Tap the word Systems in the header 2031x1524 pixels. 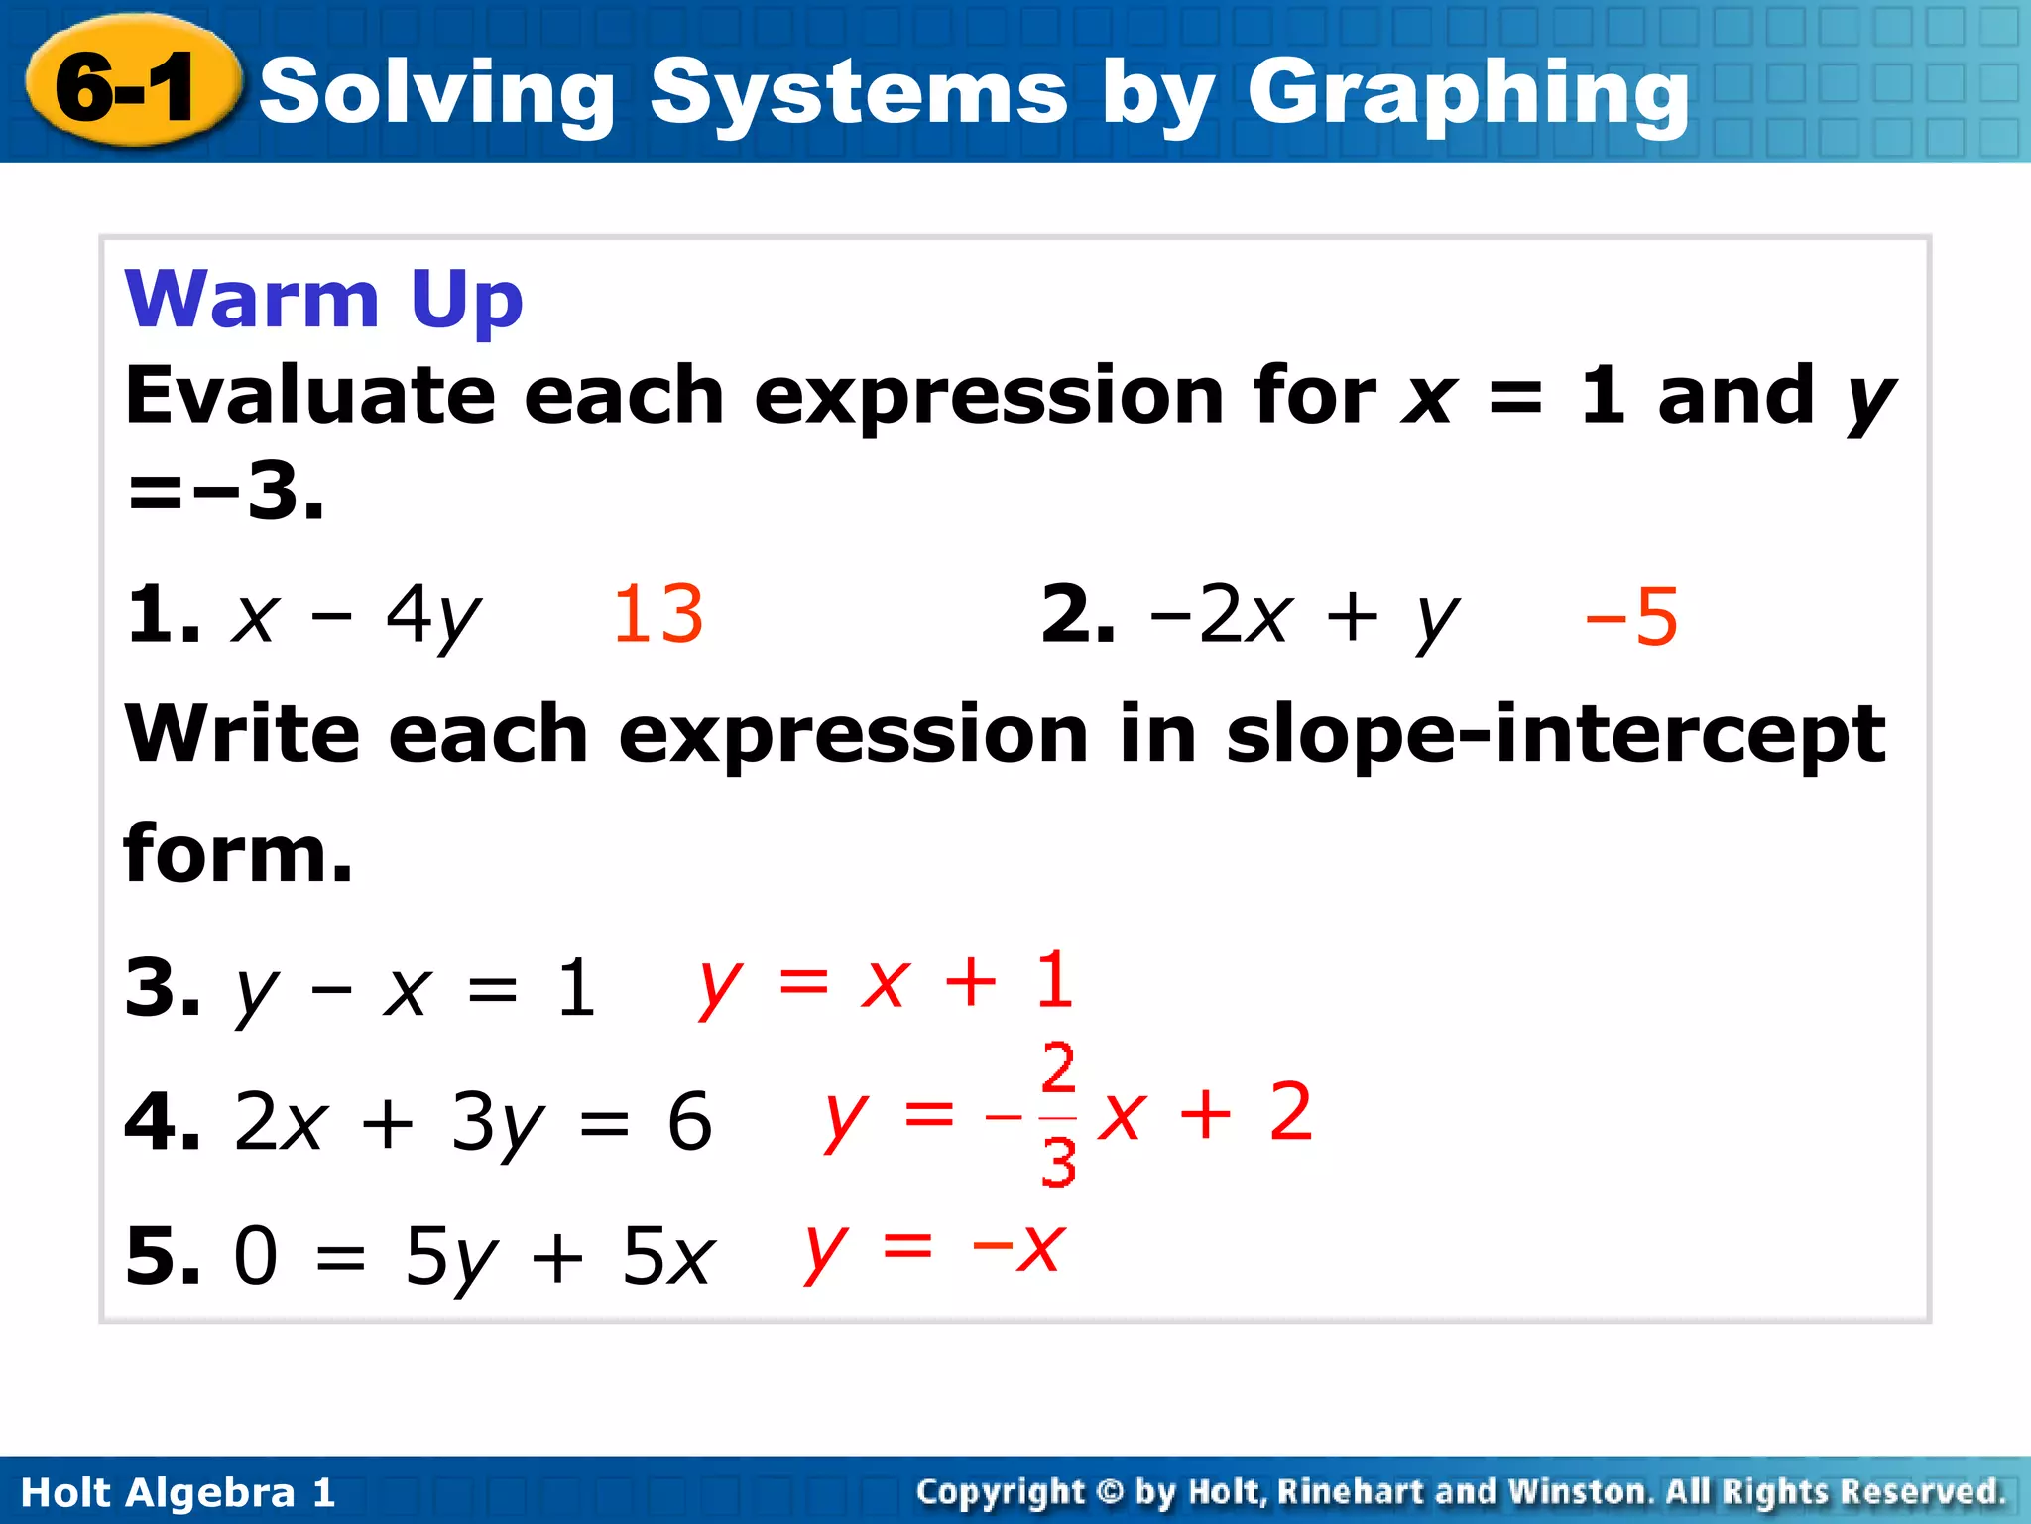point(859,94)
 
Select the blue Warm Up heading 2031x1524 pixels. point(323,299)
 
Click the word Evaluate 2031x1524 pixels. point(308,395)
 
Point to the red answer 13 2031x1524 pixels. point(657,614)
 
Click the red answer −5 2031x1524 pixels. point(1630,617)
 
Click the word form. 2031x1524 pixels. point(237,853)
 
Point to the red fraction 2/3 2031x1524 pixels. point(1058,1114)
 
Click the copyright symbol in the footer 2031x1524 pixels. point(1111,1491)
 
